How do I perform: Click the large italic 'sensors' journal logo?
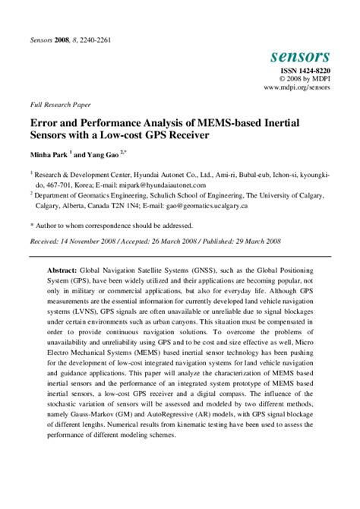[x=299, y=55]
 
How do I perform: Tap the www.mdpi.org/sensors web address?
[x=297, y=88]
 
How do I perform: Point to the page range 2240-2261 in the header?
[x=93, y=40]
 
